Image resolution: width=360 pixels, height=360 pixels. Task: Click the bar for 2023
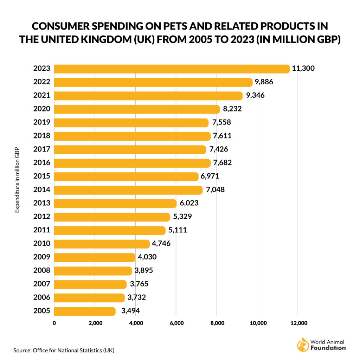[172, 69]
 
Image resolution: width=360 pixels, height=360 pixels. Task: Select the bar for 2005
[85, 311]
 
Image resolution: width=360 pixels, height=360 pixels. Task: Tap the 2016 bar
[132, 163]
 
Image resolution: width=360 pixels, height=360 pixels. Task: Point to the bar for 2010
[102, 244]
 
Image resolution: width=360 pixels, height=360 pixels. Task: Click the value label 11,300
[303, 69]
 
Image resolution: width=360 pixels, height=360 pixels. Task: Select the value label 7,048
[216, 190]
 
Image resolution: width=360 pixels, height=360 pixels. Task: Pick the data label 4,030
[147, 257]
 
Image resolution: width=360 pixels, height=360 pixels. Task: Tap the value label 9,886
[264, 82]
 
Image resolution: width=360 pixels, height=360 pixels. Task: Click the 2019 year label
[42, 122]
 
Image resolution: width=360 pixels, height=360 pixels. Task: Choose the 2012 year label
[42, 217]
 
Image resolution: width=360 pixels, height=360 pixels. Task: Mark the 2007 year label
[42, 284]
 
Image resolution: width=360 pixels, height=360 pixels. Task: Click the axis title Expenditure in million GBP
[17, 179]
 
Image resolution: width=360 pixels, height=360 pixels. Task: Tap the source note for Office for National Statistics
[64, 350]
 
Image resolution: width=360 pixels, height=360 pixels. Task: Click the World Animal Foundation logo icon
[303, 345]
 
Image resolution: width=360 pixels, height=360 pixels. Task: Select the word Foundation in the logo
[328, 348]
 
